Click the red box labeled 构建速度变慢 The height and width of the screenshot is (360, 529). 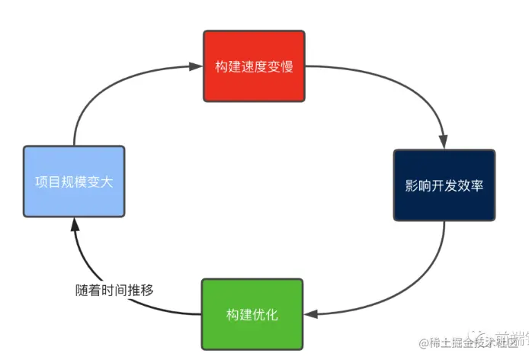[254, 66]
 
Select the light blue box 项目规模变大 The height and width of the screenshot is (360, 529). [73, 182]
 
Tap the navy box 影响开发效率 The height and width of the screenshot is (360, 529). [444, 185]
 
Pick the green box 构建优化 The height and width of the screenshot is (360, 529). [252, 314]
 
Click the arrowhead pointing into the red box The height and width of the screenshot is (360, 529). [197, 67]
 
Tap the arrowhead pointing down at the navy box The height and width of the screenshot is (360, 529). [443, 143]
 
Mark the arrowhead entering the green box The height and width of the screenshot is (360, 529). [311, 314]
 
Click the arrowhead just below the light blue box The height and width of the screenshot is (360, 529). [74, 223]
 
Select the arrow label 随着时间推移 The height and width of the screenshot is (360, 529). [115, 290]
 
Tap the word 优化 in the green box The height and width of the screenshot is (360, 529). [264, 314]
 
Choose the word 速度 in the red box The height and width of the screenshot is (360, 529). [254, 66]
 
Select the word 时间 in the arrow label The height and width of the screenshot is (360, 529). [115, 290]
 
